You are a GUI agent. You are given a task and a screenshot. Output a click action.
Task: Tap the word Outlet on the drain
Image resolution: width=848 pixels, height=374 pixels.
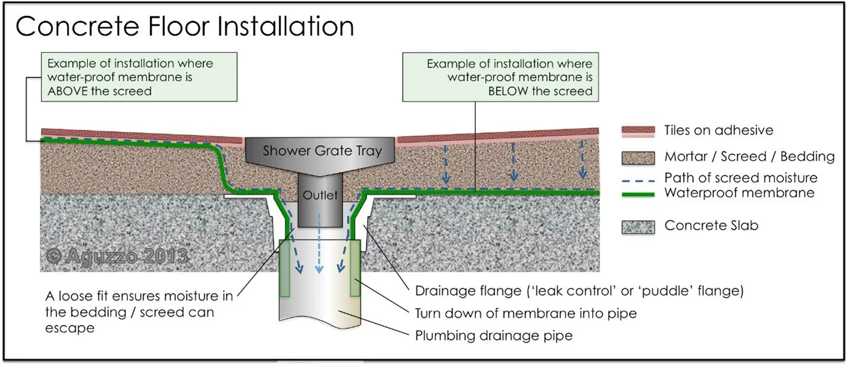(x=320, y=196)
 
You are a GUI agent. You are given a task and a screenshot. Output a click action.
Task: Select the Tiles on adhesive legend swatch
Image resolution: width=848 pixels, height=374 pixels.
(x=638, y=130)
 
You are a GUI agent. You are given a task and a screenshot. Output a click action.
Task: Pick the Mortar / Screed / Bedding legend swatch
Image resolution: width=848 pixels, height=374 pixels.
(x=638, y=156)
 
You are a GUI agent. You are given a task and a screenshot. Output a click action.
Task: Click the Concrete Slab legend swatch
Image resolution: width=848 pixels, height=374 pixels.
(x=638, y=226)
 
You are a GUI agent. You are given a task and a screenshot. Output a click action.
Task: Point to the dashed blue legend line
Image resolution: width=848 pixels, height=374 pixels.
(x=638, y=178)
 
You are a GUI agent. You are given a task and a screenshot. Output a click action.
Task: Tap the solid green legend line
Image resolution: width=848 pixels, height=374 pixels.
(x=638, y=193)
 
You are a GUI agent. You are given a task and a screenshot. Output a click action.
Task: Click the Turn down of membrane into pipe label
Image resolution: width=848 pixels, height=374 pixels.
(x=526, y=314)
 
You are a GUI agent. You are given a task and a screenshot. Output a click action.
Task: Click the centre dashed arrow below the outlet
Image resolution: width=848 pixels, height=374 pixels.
(x=319, y=246)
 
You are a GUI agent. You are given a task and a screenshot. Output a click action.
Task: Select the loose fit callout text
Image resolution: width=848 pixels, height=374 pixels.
(x=138, y=312)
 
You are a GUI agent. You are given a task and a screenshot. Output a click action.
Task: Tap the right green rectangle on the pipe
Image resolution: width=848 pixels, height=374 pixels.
(x=354, y=268)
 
